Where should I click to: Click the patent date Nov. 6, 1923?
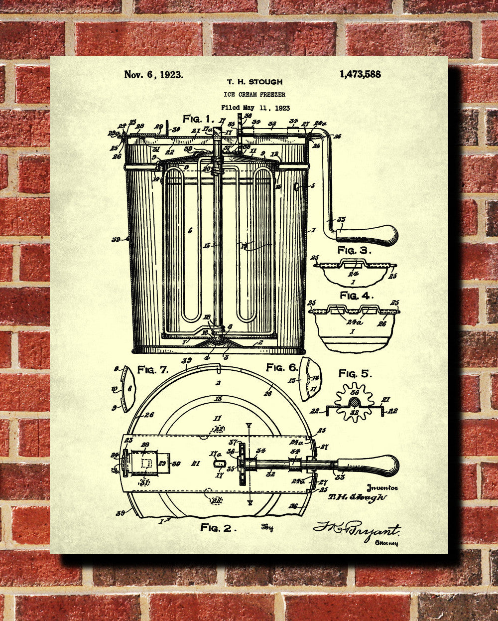[153, 75]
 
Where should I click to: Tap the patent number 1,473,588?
[360, 74]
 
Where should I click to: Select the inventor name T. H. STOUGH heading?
[254, 82]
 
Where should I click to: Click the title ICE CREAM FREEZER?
[255, 95]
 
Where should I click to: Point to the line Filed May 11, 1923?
[255, 108]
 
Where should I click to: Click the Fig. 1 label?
[198, 119]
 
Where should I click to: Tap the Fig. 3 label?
[355, 250]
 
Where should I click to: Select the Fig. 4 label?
[357, 295]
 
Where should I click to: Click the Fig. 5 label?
[355, 373]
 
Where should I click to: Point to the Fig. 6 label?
[282, 367]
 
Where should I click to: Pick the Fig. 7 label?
[153, 370]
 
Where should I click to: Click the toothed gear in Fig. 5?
[354, 402]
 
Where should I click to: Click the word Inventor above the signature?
[380, 488]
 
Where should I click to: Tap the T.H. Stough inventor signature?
[357, 496]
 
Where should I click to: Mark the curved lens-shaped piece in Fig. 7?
[127, 388]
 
